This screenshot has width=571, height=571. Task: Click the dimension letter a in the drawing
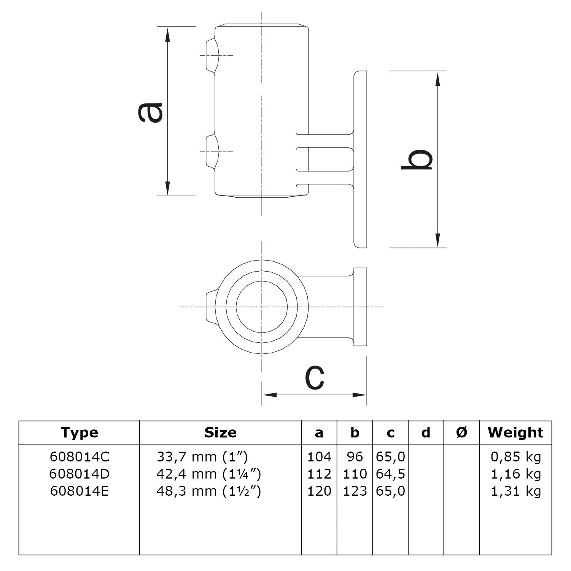tap(150, 113)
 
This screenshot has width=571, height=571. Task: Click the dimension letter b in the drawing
tap(417, 159)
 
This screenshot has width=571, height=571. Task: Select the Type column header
tap(79, 433)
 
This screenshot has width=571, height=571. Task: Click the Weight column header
tap(515, 433)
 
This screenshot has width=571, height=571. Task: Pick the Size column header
tap(220, 433)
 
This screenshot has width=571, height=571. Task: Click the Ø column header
tap(461, 433)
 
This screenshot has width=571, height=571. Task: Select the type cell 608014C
tap(79, 456)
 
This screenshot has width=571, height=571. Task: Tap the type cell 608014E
tap(79, 491)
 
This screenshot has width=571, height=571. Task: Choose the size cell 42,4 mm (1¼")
tap(208, 474)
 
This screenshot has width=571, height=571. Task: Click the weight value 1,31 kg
tap(516, 491)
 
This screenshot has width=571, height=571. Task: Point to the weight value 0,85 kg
tap(516, 456)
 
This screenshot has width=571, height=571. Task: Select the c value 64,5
tap(390, 474)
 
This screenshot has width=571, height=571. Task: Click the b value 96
tap(355, 456)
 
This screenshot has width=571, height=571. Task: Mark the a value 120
tap(319, 491)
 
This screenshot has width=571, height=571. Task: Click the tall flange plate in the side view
tap(360, 159)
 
